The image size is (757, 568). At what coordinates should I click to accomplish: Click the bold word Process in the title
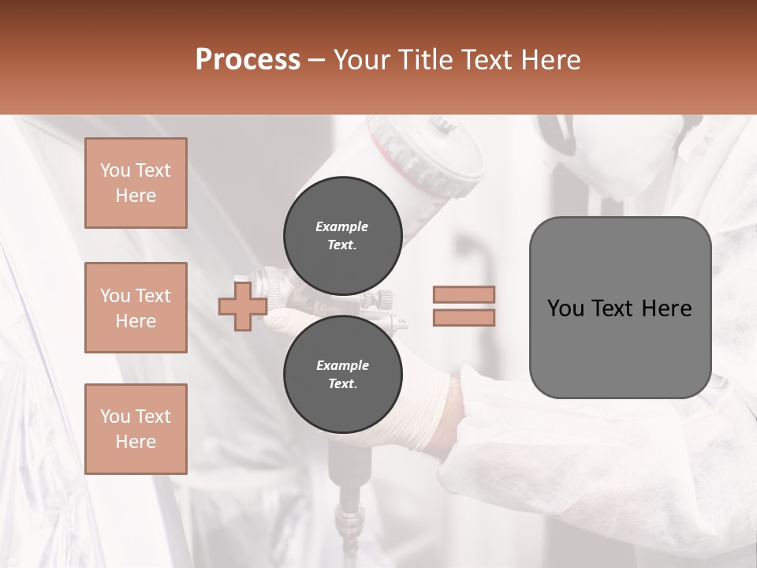pos(248,60)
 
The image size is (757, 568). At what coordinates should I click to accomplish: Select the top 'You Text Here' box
pos(136,183)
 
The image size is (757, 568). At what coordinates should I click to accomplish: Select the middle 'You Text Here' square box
pos(136,308)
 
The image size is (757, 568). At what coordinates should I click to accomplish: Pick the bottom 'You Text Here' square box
pos(136,429)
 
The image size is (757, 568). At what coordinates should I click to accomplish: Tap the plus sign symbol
pos(241,307)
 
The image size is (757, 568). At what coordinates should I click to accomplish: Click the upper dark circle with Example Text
pos(342,235)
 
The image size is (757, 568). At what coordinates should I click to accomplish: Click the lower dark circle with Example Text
pos(342,374)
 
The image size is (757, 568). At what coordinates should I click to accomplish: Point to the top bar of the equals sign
pos(464,294)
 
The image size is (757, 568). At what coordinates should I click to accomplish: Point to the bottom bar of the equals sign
pos(464,317)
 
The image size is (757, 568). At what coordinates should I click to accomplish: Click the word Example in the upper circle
pos(342,226)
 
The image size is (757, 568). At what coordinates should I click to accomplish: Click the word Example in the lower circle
pos(342,365)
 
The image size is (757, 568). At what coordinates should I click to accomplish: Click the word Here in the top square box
pos(136,196)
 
